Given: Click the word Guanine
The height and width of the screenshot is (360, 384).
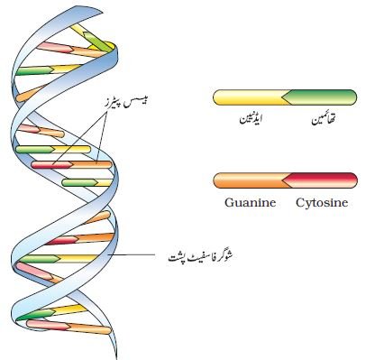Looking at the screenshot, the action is pos(251,203).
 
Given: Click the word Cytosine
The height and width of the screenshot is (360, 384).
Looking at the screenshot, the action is pos(322,203).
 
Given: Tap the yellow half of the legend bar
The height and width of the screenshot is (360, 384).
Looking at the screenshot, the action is pos(250,97).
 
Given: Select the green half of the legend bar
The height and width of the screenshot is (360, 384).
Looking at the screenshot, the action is pos(320,97).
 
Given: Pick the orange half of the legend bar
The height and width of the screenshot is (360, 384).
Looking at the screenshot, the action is pos(250,180).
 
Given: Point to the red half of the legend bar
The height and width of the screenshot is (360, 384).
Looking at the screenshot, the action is pos(320,180).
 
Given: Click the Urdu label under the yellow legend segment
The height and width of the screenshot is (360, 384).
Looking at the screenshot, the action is pos(251,119).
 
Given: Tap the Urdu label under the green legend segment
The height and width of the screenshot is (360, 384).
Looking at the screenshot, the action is pos(323,119).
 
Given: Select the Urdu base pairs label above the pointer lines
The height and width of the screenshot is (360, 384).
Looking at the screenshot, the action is pos(124,103).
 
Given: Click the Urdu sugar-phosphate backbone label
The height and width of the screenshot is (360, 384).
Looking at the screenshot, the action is pos(201,257).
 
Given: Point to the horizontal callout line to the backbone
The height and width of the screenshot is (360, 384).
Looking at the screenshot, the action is pos(132,255).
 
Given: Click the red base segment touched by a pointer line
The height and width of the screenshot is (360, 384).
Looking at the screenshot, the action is pos(52,164).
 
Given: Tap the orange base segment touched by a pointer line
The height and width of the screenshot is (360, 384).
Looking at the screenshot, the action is pos(91,164).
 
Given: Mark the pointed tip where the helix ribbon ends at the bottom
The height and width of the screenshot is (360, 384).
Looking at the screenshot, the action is pos(115,358).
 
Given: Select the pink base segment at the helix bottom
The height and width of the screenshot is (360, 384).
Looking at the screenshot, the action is pos(49,325).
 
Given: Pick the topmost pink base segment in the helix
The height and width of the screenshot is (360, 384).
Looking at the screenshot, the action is pos(55,47).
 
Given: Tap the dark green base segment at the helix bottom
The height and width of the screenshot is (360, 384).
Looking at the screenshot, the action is pos(35,315).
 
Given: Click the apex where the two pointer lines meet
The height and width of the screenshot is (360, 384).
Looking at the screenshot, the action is pos(105,115).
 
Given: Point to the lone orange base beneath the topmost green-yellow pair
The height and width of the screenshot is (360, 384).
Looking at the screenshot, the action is pos(30,93).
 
